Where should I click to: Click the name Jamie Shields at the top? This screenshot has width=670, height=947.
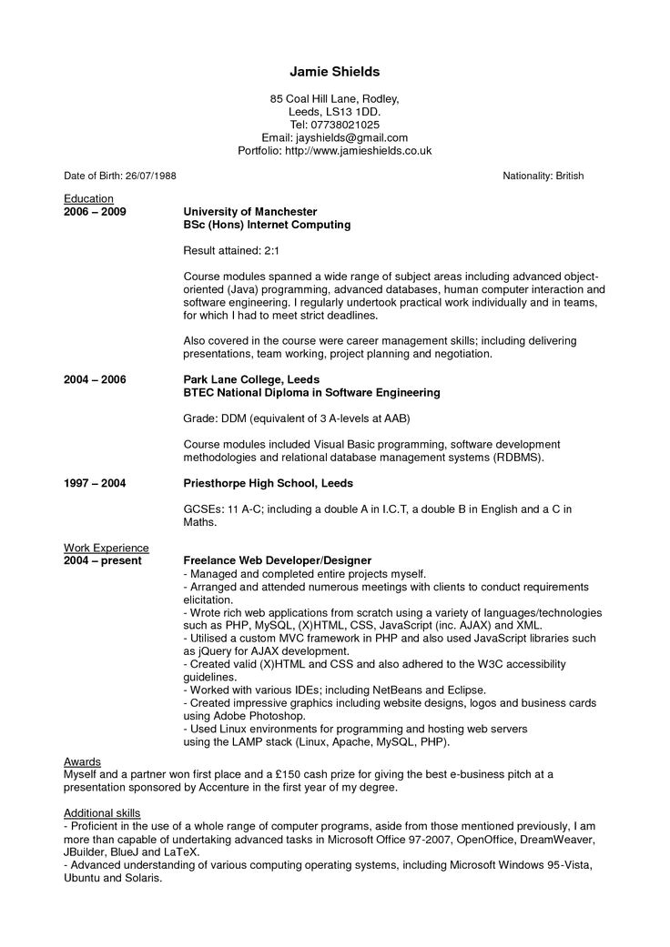[334, 71]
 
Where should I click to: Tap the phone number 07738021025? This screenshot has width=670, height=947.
[345, 124]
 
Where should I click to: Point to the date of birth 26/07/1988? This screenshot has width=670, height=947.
[151, 176]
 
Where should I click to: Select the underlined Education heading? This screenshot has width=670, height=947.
[88, 198]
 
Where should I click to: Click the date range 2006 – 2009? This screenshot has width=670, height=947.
[95, 211]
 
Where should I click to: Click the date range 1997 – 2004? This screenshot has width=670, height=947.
[95, 483]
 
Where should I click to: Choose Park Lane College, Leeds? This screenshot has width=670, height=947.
[251, 379]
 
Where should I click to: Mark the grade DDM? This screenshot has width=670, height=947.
[236, 418]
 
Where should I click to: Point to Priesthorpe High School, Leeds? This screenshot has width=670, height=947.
[268, 483]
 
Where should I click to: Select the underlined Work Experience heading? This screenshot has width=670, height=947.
[106, 548]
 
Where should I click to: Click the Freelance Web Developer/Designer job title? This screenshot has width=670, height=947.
[278, 560]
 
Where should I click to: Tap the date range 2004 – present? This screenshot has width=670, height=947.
[102, 560]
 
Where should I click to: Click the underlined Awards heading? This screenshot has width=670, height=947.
[82, 761]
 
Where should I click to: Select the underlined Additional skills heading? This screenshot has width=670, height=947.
[102, 811]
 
